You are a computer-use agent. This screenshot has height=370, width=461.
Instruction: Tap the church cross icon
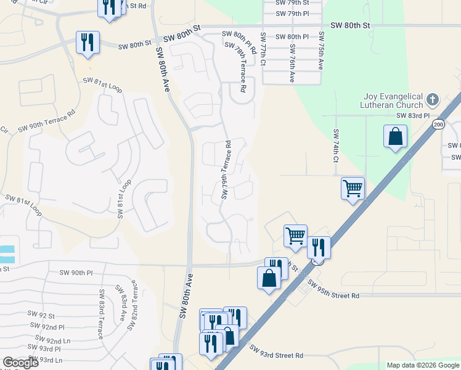click(x=433, y=99)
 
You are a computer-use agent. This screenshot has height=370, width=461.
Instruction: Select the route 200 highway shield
click(x=438, y=125)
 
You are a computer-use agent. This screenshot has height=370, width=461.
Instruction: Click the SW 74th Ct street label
click(x=336, y=146)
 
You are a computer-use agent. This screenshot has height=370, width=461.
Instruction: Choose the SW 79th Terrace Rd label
click(x=226, y=171)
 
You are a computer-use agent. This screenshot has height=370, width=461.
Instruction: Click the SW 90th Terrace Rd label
click(x=46, y=121)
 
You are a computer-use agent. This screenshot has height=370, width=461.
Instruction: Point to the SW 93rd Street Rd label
click(x=277, y=352)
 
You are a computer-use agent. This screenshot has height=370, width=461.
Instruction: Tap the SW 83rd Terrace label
click(x=100, y=314)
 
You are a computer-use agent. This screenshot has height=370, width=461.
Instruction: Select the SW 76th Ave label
click(x=292, y=60)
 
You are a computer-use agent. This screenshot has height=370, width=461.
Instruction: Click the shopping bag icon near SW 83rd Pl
click(x=395, y=137)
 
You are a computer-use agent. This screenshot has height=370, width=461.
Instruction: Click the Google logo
click(x=20, y=363)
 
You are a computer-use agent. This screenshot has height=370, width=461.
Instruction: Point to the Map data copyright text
click(x=422, y=365)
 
